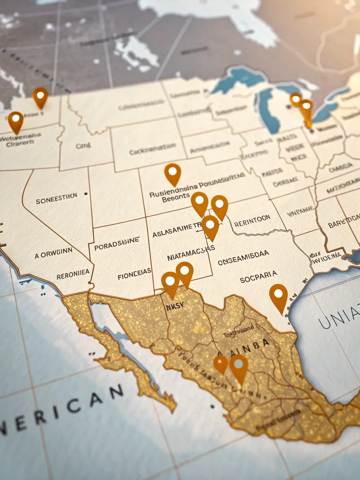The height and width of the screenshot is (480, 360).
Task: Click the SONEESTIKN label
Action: coord(56,199)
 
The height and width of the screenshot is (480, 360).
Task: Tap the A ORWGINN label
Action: coord(53,253)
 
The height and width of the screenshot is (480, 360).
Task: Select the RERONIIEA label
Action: coord(73,274)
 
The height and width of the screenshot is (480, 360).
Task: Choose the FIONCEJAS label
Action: coord(134,274)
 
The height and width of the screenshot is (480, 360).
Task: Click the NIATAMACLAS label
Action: coord(191,254)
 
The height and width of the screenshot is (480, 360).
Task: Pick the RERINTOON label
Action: coord(252,221)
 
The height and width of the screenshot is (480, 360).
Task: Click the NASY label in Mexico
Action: coord(175,307)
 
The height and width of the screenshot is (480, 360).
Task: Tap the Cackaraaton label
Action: coord(153,149)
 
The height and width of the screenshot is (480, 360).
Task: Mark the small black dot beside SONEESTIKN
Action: coord(86,194)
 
